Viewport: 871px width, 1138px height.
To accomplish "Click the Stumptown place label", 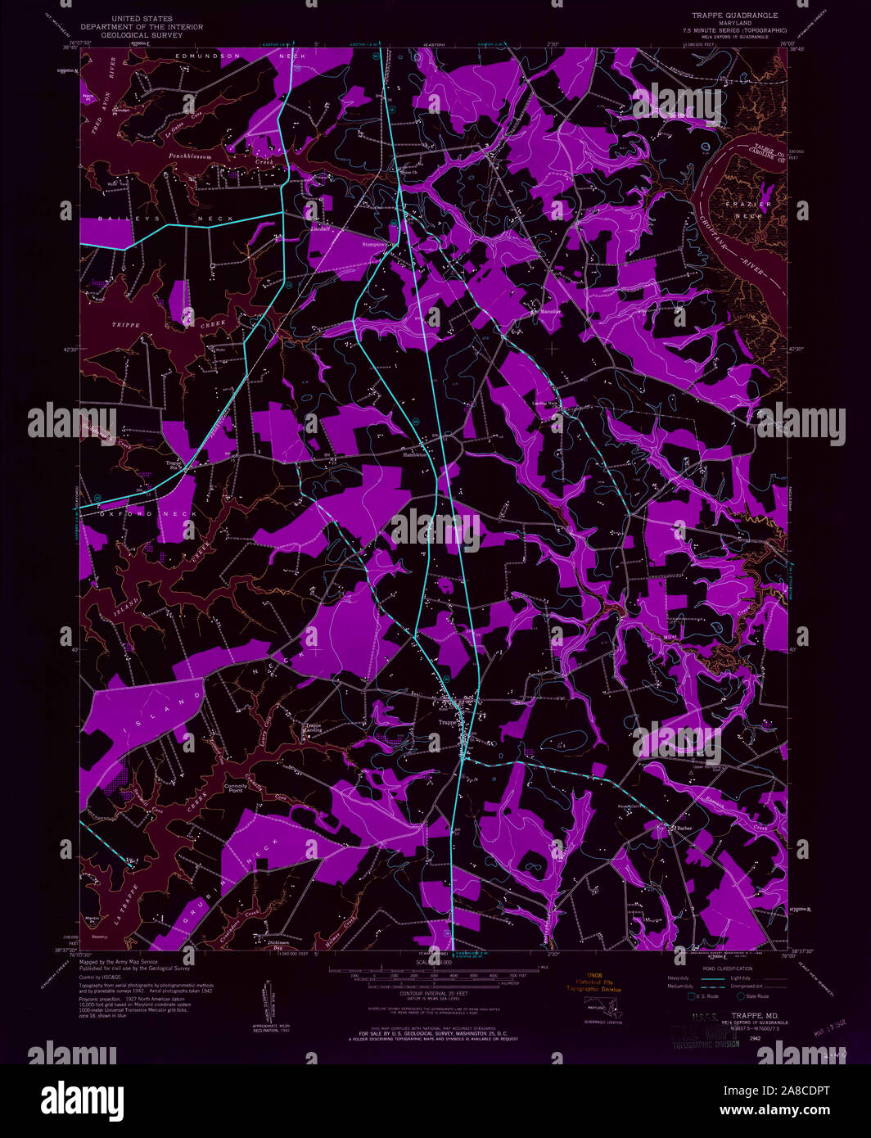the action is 378,244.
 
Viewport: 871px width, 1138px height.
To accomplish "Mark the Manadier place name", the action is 548,312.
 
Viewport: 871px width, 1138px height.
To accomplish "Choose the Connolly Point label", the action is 234,788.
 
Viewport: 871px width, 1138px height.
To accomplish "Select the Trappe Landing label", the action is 313,728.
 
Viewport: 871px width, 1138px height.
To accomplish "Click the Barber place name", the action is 684,829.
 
